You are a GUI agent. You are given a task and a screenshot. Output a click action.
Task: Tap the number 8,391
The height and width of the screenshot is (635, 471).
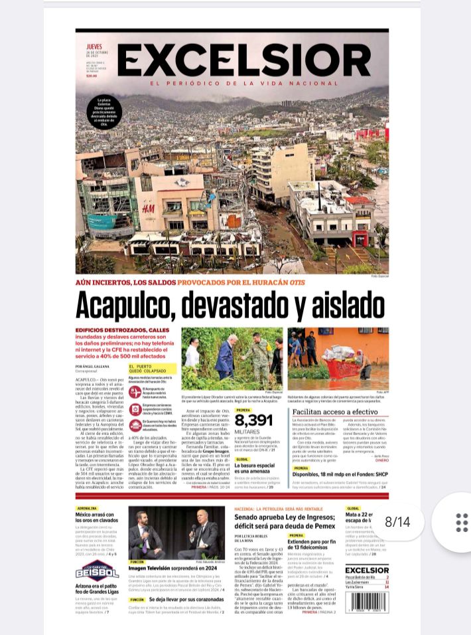point(253,420)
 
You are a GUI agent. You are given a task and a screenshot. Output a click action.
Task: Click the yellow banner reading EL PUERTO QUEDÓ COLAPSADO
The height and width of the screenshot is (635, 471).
point(152,368)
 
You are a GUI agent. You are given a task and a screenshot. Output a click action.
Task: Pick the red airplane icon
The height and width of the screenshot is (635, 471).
point(135,392)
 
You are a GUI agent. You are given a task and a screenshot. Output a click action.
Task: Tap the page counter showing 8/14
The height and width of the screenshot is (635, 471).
point(397,522)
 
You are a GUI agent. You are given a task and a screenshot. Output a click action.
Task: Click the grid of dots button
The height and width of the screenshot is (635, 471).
point(462,523)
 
